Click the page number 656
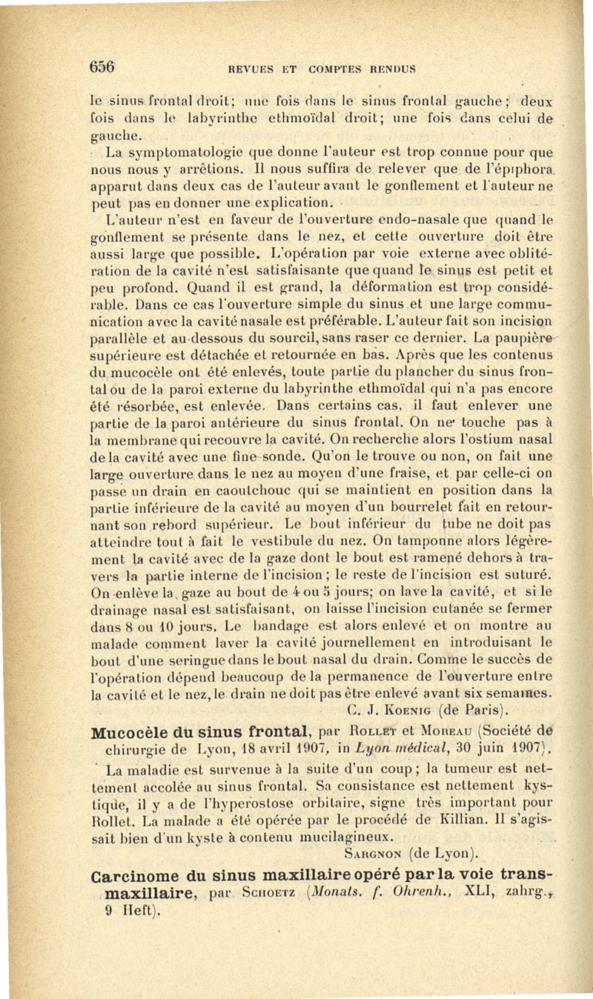(105, 64)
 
